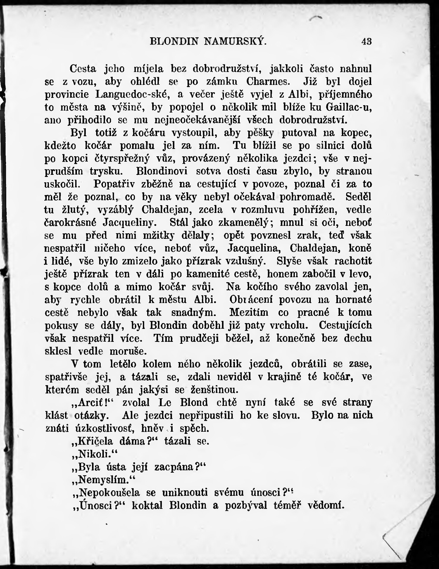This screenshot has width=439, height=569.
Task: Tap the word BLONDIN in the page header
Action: tap(174, 41)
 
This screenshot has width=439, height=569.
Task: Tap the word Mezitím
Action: tap(249, 312)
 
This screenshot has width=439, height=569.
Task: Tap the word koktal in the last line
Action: tap(147, 505)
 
